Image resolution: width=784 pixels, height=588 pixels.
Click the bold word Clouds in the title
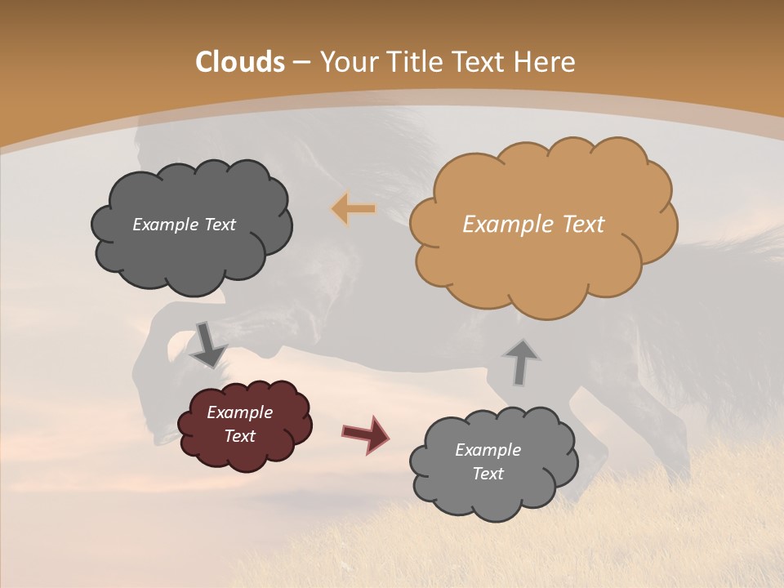tap(240, 62)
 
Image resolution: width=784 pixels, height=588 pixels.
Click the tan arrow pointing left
tap(353, 210)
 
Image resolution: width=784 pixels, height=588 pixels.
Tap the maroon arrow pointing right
tap(365, 434)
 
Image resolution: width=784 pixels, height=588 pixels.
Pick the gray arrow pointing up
tap(520, 362)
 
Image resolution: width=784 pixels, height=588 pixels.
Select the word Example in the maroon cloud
tap(239, 412)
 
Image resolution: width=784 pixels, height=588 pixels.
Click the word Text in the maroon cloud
tap(239, 436)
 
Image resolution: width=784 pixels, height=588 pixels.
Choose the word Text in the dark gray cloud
tap(220, 225)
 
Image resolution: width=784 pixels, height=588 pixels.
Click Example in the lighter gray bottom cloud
tap(488, 450)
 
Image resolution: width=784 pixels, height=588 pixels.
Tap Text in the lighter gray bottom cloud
tap(488, 474)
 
